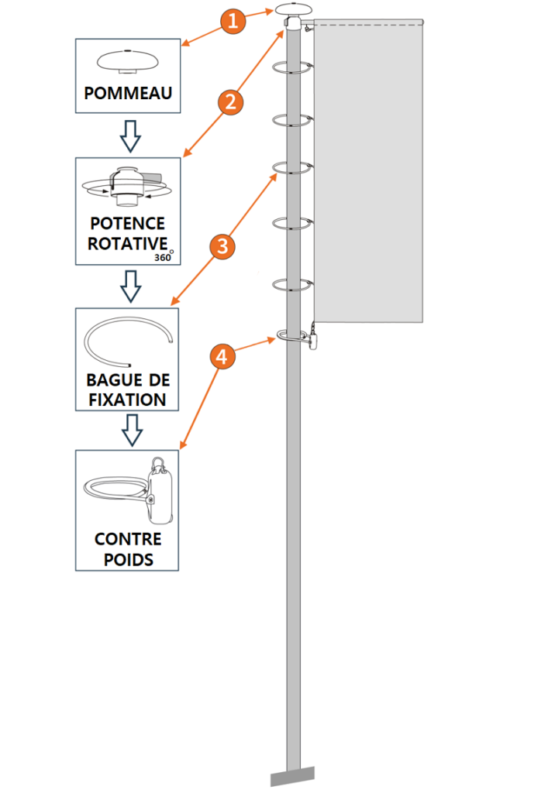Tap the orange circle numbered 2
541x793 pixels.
[229, 101]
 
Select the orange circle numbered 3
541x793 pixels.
[222, 247]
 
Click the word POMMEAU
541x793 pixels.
[128, 94]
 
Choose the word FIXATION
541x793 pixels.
[127, 400]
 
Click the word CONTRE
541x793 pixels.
[127, 539]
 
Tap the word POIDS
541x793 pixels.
[127, 558]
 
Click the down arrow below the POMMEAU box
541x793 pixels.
[131, 136]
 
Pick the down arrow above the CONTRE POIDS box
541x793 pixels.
[132, 429]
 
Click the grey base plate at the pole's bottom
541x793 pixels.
[293, 775]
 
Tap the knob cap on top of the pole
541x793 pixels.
[294, 11]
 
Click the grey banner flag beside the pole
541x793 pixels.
[368, 170]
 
